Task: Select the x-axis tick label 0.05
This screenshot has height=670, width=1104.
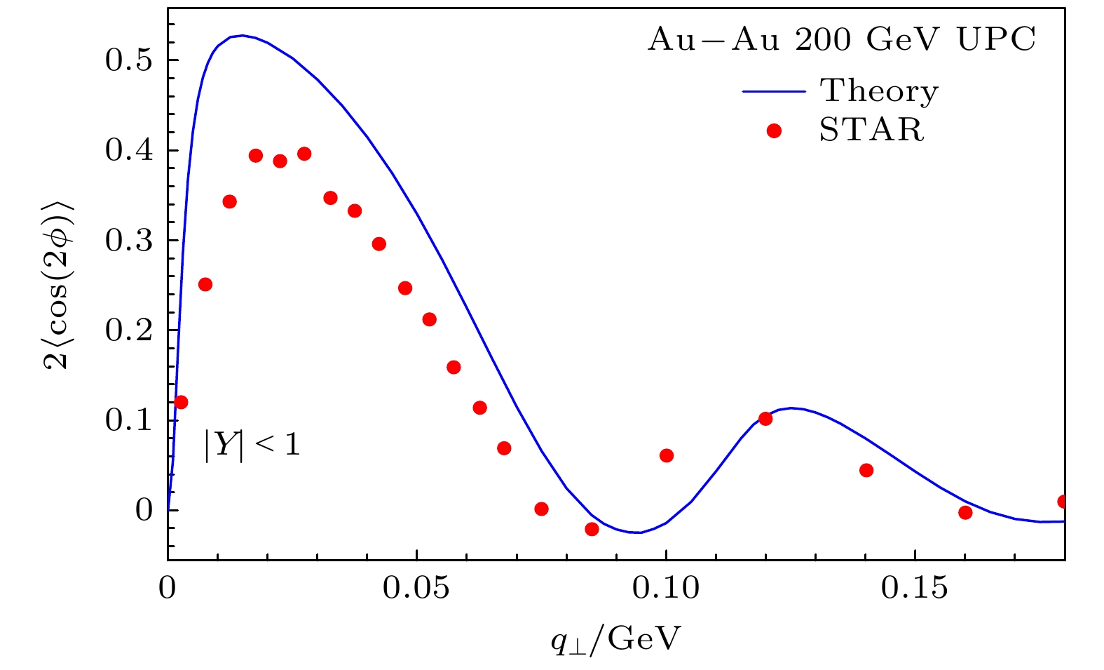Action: click(x=416, y=588)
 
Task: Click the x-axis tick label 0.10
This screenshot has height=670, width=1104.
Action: click(x=666, y=588)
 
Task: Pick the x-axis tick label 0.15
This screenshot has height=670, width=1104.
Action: click(x=915, y=588)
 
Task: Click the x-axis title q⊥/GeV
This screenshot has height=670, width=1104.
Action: click(x=615, y=638)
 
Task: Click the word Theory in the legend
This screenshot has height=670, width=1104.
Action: click(x=879, y=91)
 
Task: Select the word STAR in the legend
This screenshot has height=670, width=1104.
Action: click(x=872, y=130)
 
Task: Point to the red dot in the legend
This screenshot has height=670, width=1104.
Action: click(x=774, y=130)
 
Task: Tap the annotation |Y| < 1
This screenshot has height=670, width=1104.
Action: click(x=252, y=445)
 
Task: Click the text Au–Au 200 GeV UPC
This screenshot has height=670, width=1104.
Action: click(x=841, y=40)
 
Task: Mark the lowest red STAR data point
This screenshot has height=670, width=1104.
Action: click(x=592, y=529)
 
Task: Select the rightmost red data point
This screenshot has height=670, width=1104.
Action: click(x=1063, y=502)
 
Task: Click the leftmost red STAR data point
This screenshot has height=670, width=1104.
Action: click(x=181, y=402)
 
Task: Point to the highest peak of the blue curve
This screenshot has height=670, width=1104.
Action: click(x=241, y=35)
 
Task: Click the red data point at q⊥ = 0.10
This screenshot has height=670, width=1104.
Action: click(x=667, y=456)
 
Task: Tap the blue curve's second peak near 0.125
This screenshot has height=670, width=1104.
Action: click(x=791, y=408)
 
